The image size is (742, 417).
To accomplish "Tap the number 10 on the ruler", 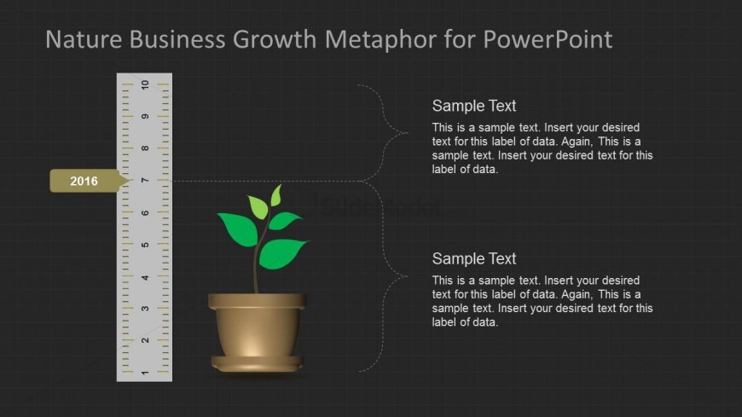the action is (145, 85).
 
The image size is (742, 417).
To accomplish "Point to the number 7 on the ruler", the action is (145, 180).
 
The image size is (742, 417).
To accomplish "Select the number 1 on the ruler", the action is (145, 374).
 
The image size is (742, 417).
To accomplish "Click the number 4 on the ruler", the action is (145, 277).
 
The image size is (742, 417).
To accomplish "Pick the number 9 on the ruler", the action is (145, 117).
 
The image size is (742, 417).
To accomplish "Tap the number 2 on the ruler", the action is (145, 340).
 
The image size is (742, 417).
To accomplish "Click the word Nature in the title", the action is (84, 39).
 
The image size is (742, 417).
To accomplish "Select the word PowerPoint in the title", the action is (548, 39).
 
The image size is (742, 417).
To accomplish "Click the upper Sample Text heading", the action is (473, 106).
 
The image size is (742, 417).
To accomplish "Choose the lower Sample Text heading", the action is (473, 258).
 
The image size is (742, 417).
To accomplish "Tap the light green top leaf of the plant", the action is (276, 195).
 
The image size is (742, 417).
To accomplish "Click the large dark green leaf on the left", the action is (239, 229).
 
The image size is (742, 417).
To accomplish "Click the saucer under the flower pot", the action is (257, 363).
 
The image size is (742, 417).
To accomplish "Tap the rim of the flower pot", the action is (257, 301).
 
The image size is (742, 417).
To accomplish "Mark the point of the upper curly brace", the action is (407, 133).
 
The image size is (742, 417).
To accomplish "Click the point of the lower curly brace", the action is (407, 276).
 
